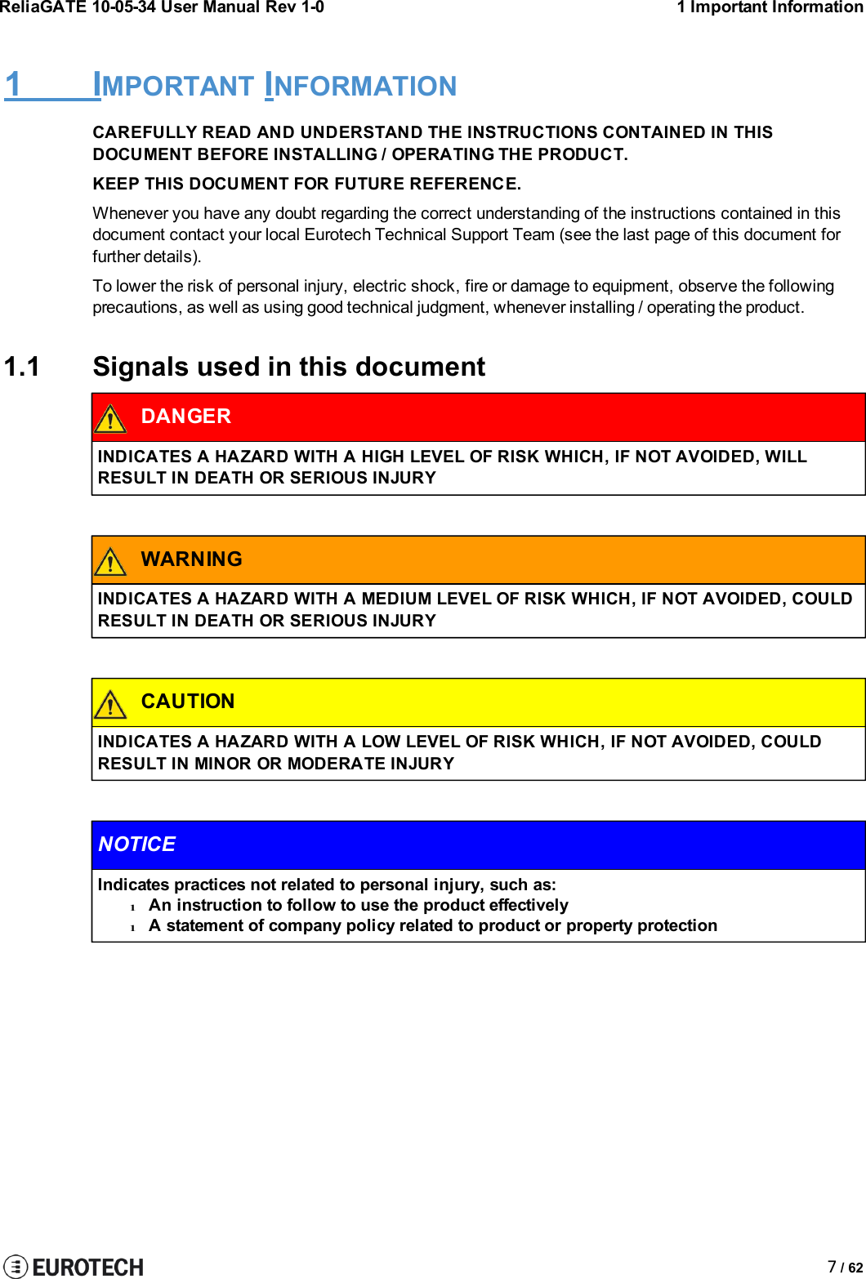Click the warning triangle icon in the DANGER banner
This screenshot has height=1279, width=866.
pyautogui.click(x=110, y=419)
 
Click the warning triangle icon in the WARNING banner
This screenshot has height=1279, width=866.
pyautogui.click(x=110, y=561)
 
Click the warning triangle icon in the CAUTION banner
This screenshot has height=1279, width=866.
pyautogui.click(x=110, y=704)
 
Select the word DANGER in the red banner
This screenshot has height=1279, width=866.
pyautogui.click(x=185, y=417)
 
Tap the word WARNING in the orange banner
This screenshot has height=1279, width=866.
pyautogui.click(x=191, y=559)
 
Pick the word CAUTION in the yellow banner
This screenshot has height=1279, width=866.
pyautogui.click(x=187, y=702)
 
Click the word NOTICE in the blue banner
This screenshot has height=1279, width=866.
pyautogui.click(x=136, y=844)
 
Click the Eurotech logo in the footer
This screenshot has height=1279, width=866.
pyautogui.click(x=74, y=1266)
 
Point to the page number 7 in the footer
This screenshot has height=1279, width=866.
pyautogui.click(x=832, y=1267)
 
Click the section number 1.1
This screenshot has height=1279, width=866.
pyautogui.click(x=22, y=367)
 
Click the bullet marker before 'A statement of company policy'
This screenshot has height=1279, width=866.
pyautogui.click(x=132, y=927)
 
